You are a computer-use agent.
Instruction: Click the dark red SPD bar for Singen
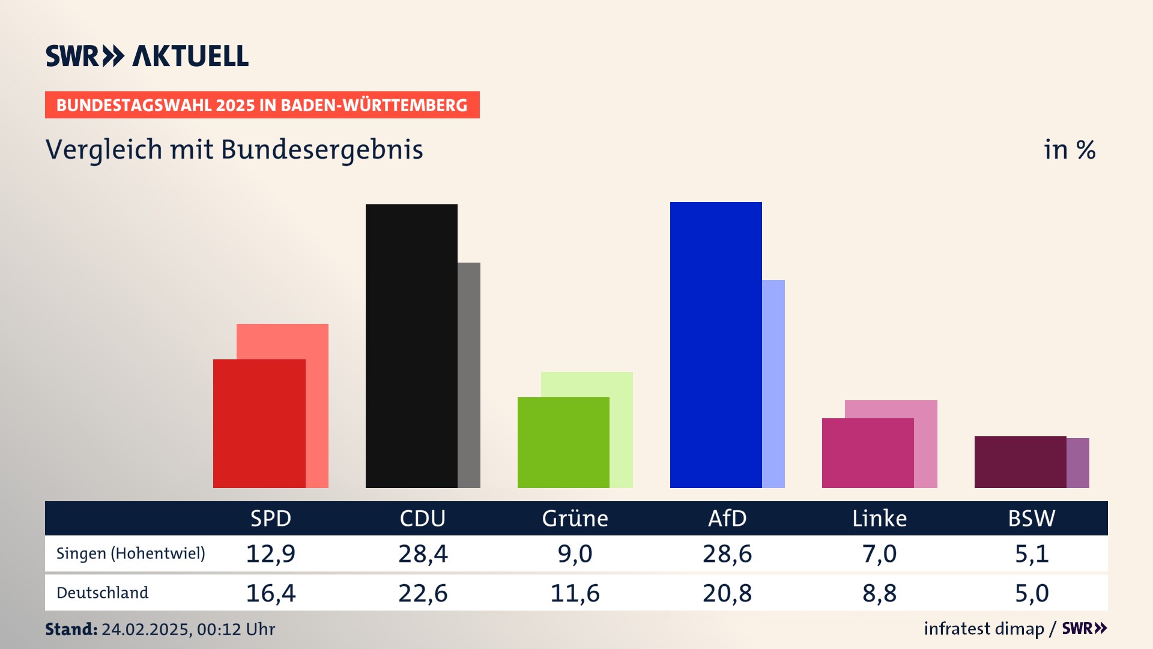[259, 423]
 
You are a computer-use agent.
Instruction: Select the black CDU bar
[411, 346]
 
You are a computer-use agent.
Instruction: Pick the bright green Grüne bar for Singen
[563, 442]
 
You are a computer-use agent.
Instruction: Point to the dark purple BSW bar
[1020, 462]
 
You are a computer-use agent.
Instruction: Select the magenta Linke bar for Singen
[868, 452]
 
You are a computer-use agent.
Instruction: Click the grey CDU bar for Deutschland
[469, 375]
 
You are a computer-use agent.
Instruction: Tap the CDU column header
[423, 518]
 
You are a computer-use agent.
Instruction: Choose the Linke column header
[879, 518]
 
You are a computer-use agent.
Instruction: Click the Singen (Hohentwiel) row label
[131, 553]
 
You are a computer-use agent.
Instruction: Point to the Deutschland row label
[103, 593]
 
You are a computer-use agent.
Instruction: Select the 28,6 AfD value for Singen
[727, 553]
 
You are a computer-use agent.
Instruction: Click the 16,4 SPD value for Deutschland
[271, 593]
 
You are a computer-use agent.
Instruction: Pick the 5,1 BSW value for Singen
[1032, 553]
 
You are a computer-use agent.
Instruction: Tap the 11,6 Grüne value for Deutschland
[575, 593]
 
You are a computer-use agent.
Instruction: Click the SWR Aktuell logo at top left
[147, 56]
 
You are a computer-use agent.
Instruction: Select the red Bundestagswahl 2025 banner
[262, 105]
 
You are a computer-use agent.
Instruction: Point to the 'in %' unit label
[1070, 150]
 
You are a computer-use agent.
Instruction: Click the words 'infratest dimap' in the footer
[984, 629]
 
